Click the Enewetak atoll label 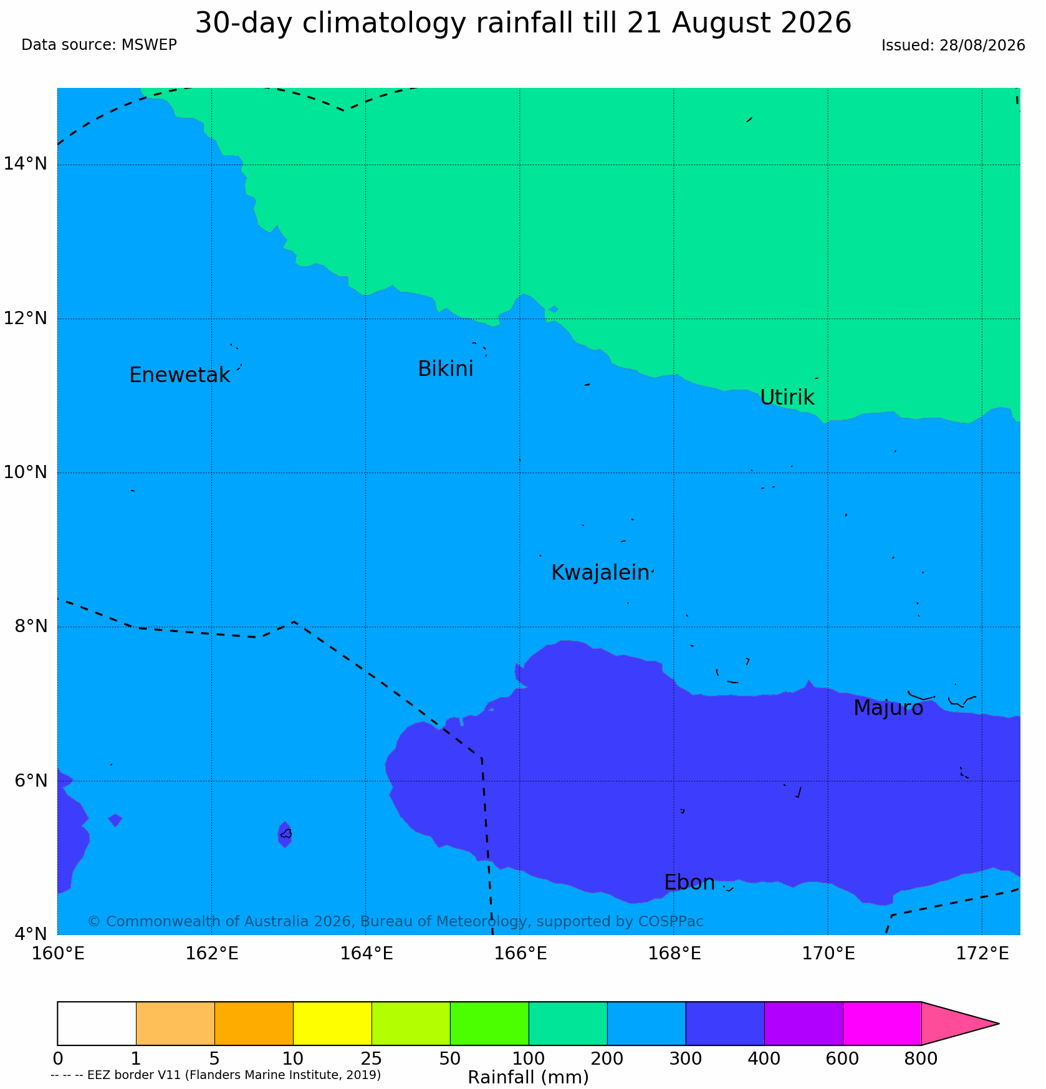[x=180, y=375]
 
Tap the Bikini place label [x=446, y=369]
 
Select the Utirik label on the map [x=787, y=398]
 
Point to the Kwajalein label [x=600, y=573]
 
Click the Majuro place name [x=888, y=709]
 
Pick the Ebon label [x=689, y=883]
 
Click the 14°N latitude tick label [x=26, y=164]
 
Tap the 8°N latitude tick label [x=31, y=626]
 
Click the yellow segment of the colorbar [x=332, y=1024]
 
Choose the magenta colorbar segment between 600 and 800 [x=882, y=1024]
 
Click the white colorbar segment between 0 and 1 [x=97, y=1024]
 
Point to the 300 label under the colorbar [x=686, y=1059]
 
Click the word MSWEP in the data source [x=150, y=45]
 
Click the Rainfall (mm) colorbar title [x=528, y=1078]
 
